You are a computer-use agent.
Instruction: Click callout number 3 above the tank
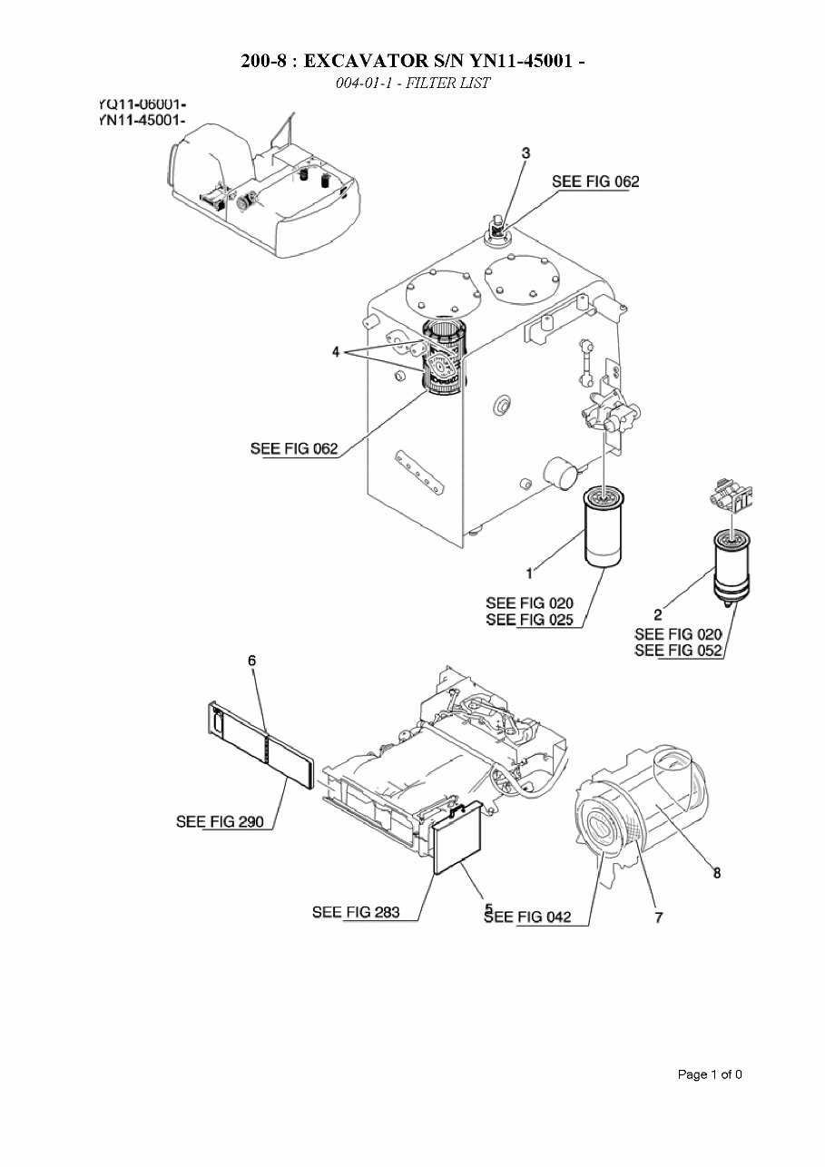525,153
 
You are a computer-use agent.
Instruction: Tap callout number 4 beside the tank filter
336,351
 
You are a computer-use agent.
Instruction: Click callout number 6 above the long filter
252,661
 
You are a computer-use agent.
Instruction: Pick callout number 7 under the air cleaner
658,917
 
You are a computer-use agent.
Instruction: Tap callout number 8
716,873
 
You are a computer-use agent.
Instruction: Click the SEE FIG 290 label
219,822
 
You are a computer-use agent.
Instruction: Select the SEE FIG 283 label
356,912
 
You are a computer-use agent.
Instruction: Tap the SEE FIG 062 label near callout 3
595,181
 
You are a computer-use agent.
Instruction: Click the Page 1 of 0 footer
710,1074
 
